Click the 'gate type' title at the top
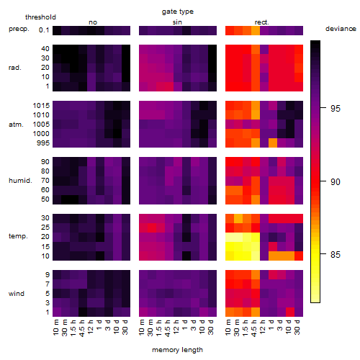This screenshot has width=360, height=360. (x=178, y=12)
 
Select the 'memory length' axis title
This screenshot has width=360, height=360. (x=177, y=350)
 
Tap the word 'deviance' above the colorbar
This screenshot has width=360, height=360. (x=341, y=29)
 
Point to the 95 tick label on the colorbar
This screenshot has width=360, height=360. (x=336, y=109)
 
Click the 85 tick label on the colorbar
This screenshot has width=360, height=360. (x=336, y=254)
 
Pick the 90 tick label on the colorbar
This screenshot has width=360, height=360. (x=336, y=181)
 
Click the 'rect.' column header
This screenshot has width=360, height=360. (x=261, y=22)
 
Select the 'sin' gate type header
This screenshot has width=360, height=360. (x=177, y=22)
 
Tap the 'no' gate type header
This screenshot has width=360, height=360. (x=93, y=22)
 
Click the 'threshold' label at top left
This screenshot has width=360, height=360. (x=40, y=17)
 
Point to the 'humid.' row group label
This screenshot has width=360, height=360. (x=20, y=181)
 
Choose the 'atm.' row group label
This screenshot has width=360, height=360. (x=16, y=125)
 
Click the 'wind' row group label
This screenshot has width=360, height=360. (x=17, y=294)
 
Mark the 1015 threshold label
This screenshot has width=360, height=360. (x=41, y=106)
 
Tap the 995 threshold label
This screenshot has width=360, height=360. (x=43, y=143)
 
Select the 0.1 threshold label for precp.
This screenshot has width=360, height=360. (x=44, y=30)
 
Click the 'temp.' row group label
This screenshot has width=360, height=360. (x=18, y=236)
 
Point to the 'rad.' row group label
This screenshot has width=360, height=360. (x=15, y=68)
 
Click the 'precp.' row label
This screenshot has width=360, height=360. (x=19, y=29)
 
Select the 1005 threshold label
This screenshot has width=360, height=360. (x=41, y=125)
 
